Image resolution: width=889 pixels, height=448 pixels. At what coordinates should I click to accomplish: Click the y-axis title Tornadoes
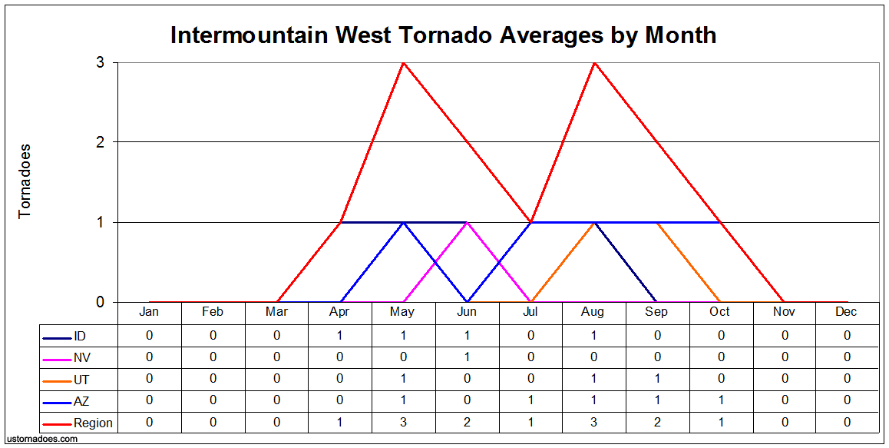[x=25, y=181]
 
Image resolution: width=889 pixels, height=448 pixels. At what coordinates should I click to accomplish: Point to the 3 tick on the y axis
[x=100, y=62]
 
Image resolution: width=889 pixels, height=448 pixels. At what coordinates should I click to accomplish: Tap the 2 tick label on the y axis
[x=100, y=142]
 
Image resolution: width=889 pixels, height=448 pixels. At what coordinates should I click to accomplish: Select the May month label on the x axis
[x=402, y=312]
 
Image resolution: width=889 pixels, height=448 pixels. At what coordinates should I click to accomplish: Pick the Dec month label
[x=846, y=312]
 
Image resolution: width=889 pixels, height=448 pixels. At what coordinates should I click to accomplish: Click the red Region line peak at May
[x=403, y=62]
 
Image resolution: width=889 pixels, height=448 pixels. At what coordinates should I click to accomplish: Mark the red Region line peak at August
[x=594, y=62]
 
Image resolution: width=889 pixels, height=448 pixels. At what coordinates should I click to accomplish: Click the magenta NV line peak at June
[x=467, y=223]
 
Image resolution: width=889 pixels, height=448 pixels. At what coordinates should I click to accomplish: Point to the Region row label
[x=78, y=423]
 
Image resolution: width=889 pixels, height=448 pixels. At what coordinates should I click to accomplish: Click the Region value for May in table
[x=403, y=423]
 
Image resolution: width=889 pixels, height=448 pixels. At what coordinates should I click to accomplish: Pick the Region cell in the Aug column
[x=594, y=423]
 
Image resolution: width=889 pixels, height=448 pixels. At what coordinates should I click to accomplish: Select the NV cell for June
[x=467, y=358]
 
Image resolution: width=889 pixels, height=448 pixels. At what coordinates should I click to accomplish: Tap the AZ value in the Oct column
[x=721, y=400]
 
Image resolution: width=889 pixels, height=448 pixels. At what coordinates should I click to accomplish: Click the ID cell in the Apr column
[x=339, y=336]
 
